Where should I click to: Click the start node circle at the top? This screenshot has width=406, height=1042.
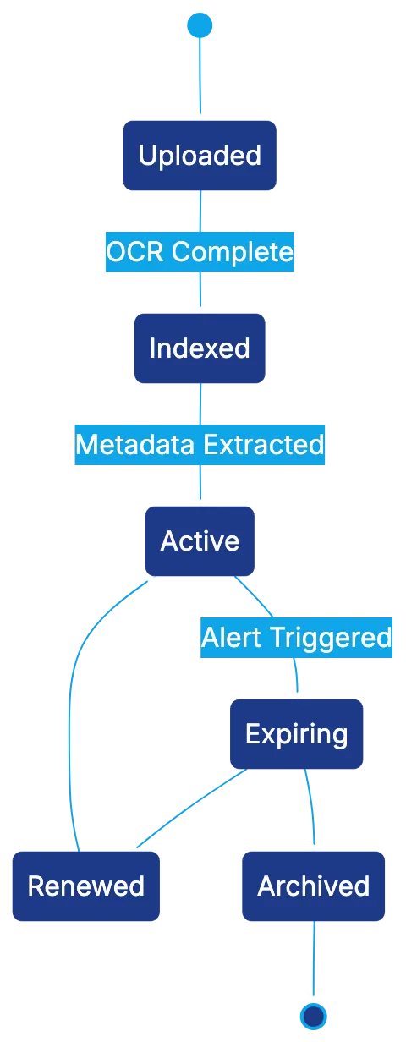point(199,25)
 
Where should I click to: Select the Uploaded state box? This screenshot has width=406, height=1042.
point(200,156)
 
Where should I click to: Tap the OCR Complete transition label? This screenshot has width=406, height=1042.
point(200,252)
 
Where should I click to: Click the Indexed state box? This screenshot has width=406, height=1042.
point(200,348)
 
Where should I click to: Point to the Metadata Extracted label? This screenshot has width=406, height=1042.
point(200,445)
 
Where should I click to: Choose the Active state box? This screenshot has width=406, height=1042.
point(200,541)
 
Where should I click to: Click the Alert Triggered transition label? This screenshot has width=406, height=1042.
point(296,637)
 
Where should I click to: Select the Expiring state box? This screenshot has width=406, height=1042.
point(297,733)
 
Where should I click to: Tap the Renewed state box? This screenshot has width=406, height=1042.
point(86,886)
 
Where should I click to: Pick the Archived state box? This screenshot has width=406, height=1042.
point(313,886)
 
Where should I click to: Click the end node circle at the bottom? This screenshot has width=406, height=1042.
point(314,1015)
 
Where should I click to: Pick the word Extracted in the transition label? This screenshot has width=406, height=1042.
point(272,445)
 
